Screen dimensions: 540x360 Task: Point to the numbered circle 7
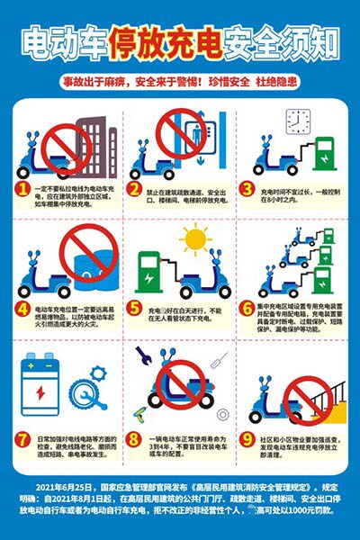coord(22,440)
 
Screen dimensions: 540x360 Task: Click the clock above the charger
coord(298,120)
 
